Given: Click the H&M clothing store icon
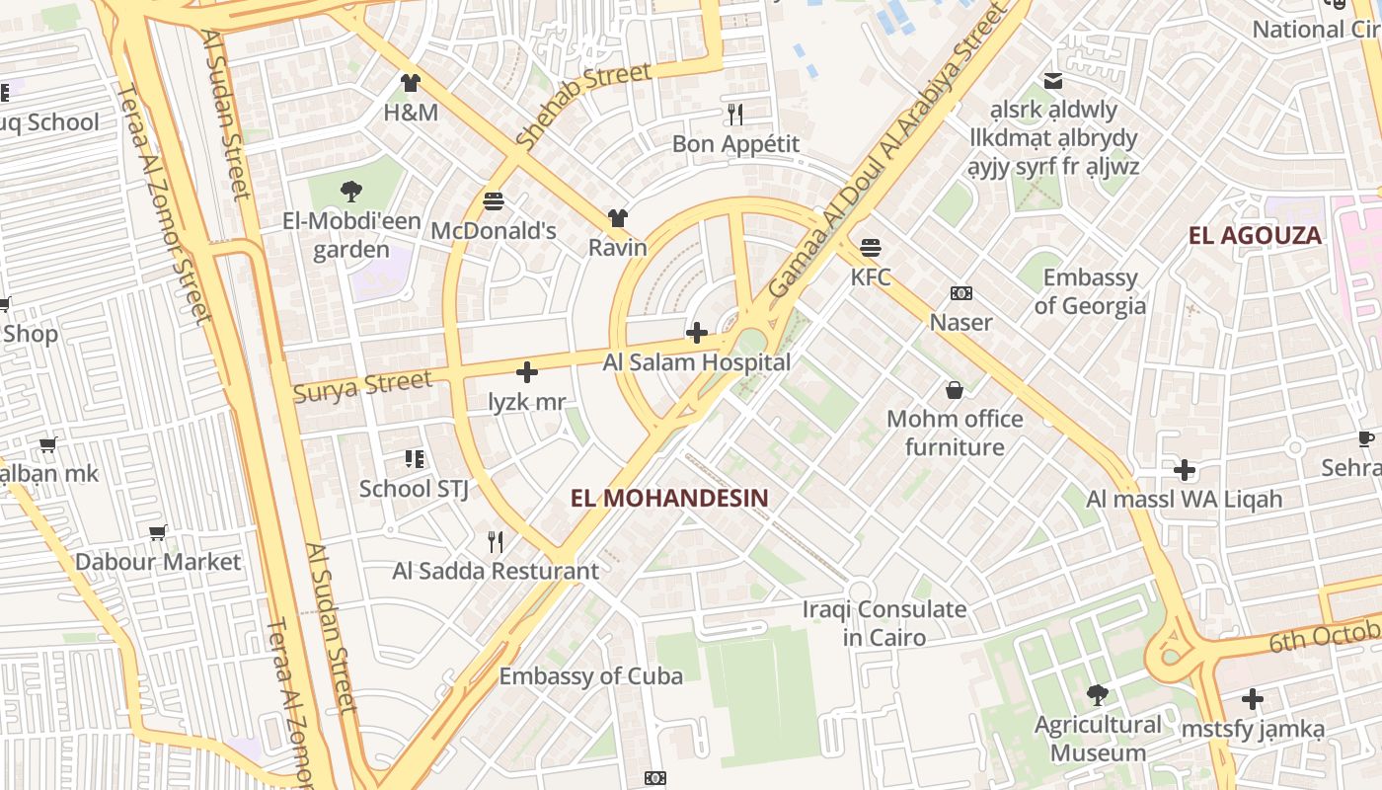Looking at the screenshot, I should pyautogui.click(x=410, y=83).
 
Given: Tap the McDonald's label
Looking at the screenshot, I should pyautogui.click(x=494, y=231).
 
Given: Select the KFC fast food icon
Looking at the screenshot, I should pyautogui.click(x=870, y=247).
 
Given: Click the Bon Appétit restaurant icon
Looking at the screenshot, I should pyautogui.click(x=734, y=115).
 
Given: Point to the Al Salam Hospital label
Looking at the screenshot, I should pyautogui.click(x=697, y=362).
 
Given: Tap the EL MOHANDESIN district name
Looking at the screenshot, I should pyautogui.click(x=668, y=498).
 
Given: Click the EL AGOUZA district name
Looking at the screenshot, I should pyautogui.click(x=1255, y=235).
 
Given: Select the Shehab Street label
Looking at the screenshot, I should pyautogui.click(x=582, y=105).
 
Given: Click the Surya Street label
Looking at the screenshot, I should pyautogui.click(x=362, y=386).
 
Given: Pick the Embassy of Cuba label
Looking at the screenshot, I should pyautogui.click(x=590, y=676).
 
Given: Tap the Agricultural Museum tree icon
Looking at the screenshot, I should pyautogui.click(x=1097, y=695).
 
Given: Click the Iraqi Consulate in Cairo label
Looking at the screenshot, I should pyautogui.click(x=883, y=623).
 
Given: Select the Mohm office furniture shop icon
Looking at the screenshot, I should pyautogui.click(x=955, y=390).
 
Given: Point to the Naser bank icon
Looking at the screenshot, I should pyautogui.click(x=960, y=293).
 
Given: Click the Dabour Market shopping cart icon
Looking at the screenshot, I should pyautogui.click(x=158, y=533).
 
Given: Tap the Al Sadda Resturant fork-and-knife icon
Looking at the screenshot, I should pyautogui.click(x=496, y=542).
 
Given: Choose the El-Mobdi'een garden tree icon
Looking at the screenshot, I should pyautogui.click(x=350, y=192).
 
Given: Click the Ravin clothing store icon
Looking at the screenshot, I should pyautogui.click(x=618, y=218).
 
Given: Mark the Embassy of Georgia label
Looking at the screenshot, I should pyautogui.click(x=1090, y=291).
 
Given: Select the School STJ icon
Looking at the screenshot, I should pyautogui.click(x=414, y=459).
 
